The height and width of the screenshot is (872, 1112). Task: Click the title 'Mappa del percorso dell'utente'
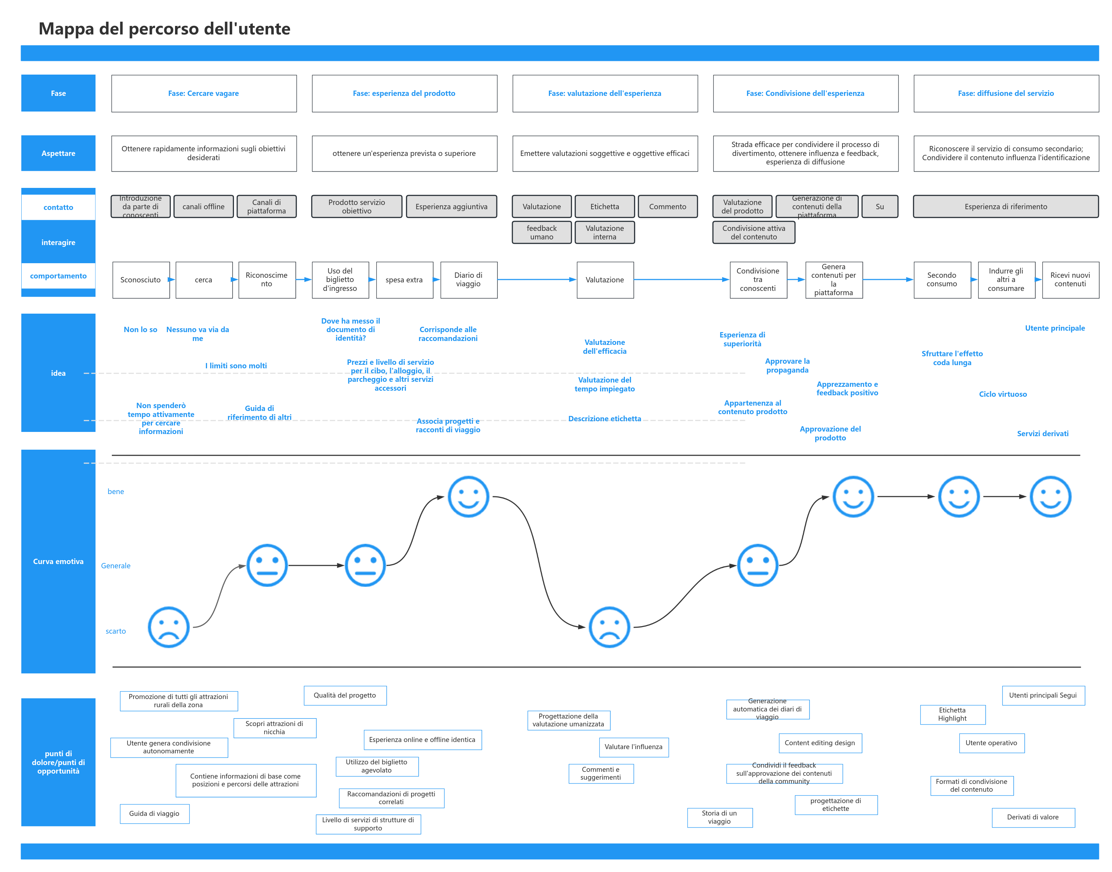click(x=164, y=28)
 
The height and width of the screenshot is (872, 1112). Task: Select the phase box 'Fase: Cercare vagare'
click(x=204, y=93)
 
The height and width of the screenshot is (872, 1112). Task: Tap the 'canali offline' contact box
click(x=204, y=207)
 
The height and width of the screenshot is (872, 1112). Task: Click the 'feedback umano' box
click(x=541, y=232)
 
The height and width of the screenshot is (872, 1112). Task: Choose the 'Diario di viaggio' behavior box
click(x=468, y=280)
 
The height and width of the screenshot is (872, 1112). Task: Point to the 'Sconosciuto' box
click(x=140, y=280)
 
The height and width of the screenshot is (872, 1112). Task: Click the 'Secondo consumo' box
click(x=942, y=280)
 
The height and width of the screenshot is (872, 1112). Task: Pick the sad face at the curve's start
click(x=168, y=627)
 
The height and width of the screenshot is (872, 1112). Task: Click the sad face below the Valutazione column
click(x=609, y=627)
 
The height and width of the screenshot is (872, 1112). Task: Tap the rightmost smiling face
click(x=1050, y=497)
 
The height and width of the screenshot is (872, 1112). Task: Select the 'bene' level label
click(x=116, y=492)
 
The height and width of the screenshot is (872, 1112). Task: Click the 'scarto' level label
click(x=116, y=631)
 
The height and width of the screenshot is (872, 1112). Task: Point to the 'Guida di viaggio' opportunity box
click(x=154, y=814)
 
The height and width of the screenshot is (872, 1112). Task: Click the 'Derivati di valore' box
click(x=1033, y=817)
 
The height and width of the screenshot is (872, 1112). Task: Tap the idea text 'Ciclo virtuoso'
click(x=1002, y=394)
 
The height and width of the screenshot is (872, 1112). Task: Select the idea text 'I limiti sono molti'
click(x=236, y=365)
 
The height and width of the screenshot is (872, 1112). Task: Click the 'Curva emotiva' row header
click(x=58, y=562)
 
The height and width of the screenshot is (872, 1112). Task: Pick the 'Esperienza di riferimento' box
click(x=1005, y=207)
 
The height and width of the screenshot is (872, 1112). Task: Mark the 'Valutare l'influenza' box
click(x=633, y=747)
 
